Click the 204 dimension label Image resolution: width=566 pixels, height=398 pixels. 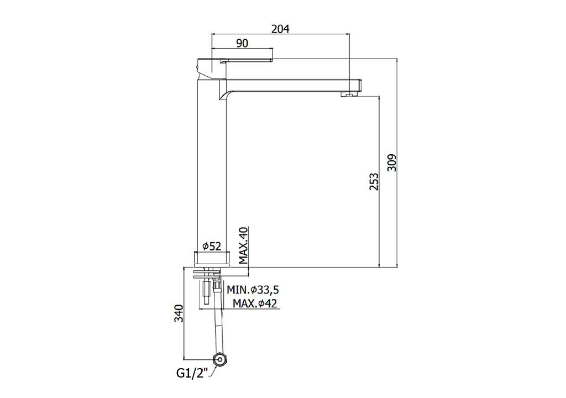point(280,29)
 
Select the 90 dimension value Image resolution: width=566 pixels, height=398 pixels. point(242,43)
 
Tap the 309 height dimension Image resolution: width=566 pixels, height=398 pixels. point(392,163)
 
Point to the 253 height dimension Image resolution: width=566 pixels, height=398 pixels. point(374,182)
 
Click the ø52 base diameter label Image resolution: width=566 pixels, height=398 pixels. point(212,247)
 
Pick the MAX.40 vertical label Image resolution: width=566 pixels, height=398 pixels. point(244,245)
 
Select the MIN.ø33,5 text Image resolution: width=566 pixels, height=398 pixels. point(253,290)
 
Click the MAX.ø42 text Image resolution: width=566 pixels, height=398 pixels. point(255,303)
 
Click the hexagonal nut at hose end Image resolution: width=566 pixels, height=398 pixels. point(218,360)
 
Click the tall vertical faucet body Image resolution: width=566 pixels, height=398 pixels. point(212,166)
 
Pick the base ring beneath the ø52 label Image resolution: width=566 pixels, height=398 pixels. point(212,259)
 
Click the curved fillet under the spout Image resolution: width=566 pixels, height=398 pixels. point(223,95)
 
